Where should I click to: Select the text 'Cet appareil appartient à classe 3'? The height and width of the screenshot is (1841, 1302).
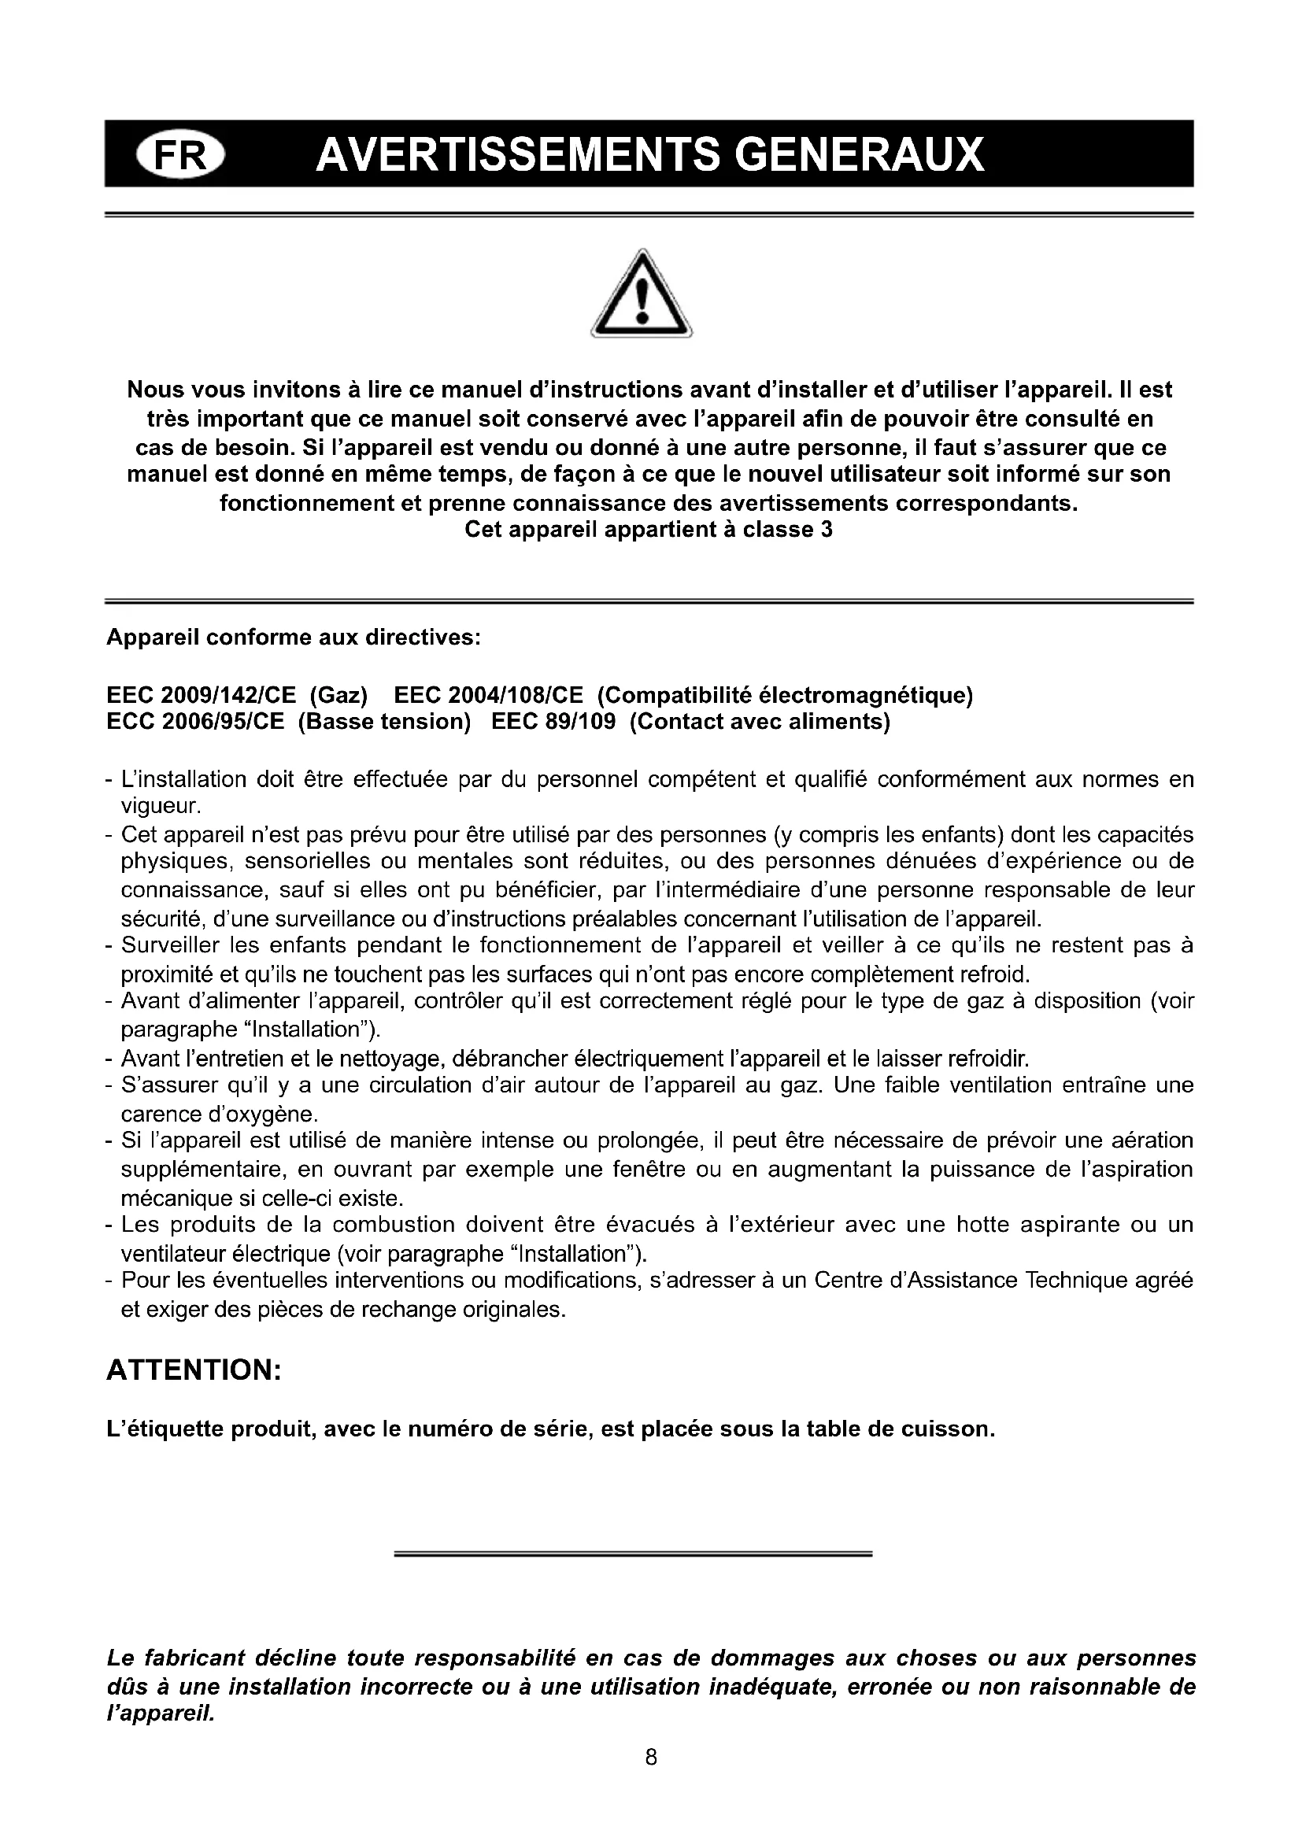coord(649,530)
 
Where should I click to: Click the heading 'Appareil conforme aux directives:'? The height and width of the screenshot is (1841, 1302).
coord(294,638)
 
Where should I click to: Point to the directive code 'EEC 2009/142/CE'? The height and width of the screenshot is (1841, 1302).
coord(202,694)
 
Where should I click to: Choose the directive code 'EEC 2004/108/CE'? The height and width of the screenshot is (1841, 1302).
coord(489,694)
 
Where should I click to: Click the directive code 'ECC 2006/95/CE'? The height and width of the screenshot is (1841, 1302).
coord(196,722)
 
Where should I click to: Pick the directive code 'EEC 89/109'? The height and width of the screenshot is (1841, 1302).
coord(553,722)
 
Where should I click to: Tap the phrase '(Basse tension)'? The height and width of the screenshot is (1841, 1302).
coord(384,722)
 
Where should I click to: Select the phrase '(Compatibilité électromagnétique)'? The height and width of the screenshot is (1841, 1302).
coord(786,694)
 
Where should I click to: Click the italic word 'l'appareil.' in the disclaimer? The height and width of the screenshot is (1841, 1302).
coord(161,1715)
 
